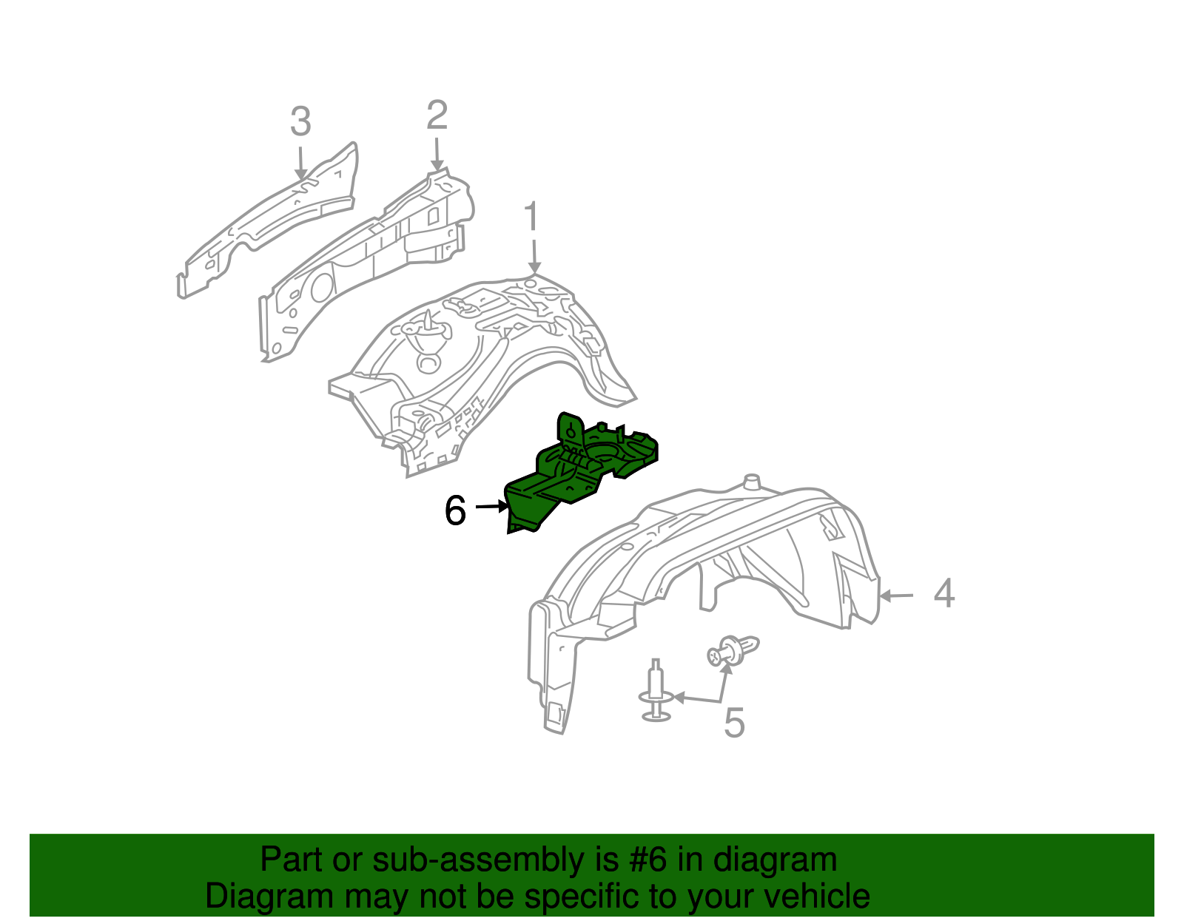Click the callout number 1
point(531,216)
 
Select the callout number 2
point(437,115)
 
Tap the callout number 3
point(300,121)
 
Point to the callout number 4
point(944,593)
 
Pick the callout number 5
point(735,723)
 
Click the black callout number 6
point(456,510)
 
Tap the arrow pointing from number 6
point(492,507)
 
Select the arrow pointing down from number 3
point(300,163)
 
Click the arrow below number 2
point(437,155)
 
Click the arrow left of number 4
point(896,596)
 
